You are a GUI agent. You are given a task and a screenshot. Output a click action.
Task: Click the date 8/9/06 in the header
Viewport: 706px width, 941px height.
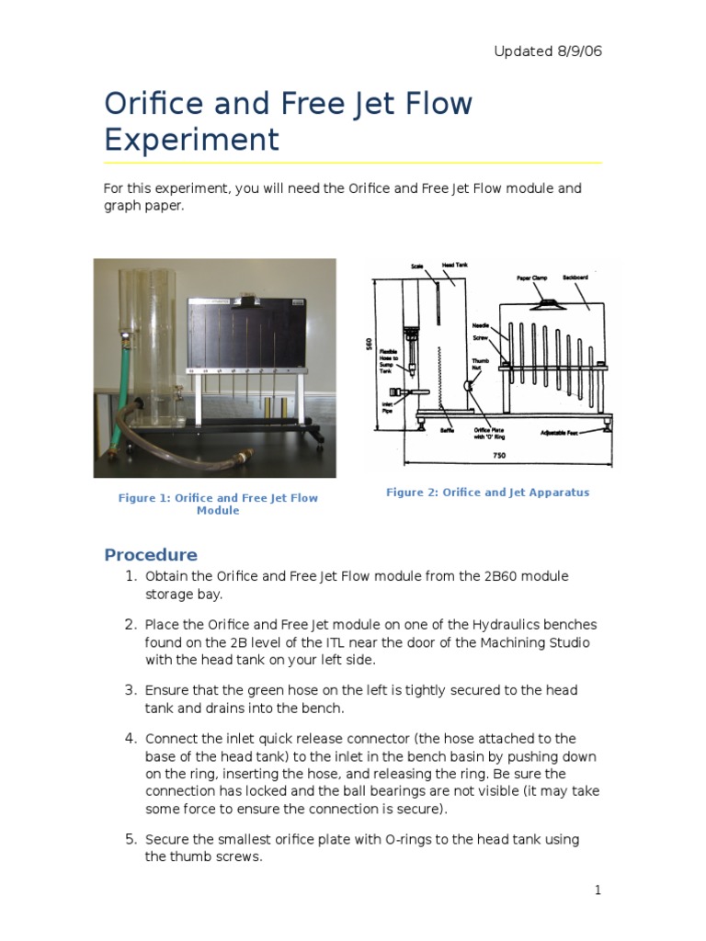[576, 51]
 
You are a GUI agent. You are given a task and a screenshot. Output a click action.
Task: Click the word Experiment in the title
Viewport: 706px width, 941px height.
[191, 140]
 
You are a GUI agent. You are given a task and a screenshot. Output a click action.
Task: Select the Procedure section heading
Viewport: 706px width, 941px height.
[151, 554]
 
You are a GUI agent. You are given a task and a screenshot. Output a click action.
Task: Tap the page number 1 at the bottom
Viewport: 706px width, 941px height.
[598, 889]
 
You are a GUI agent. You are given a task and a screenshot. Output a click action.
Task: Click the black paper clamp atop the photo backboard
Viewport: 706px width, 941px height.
[246, 300]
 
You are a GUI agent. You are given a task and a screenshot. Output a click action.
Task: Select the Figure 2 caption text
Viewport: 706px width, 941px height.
[487, 493]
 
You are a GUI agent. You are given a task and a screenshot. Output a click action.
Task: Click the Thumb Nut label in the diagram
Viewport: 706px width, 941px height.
[481, 365]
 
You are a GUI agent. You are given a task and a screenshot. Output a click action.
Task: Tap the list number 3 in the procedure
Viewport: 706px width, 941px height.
[130, 689]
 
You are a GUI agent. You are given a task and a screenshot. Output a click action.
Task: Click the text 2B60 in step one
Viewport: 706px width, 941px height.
[502, 576]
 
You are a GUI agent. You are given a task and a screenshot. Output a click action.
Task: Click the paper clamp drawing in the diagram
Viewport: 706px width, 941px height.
[548, 300]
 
